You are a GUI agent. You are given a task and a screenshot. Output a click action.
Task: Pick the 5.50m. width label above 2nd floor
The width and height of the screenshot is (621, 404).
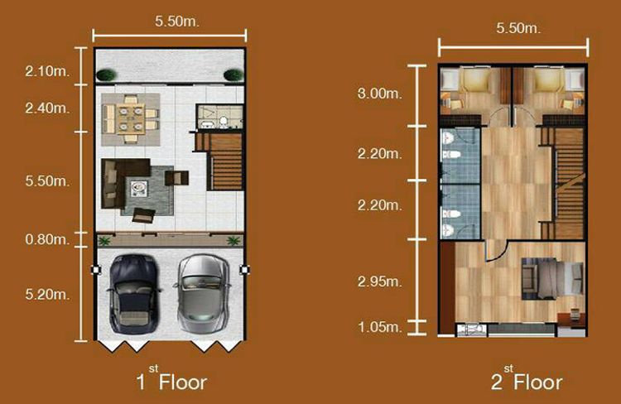coord(517,28)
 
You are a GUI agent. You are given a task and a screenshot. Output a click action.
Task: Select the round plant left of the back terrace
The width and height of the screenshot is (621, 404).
coord(105,75)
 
